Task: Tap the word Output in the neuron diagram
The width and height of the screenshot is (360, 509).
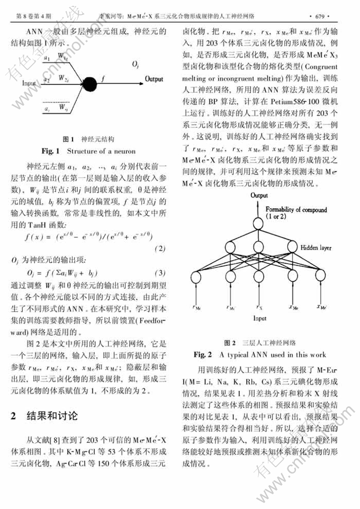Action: pos(154,78)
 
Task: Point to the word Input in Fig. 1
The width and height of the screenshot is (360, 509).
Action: pos(29,83)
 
